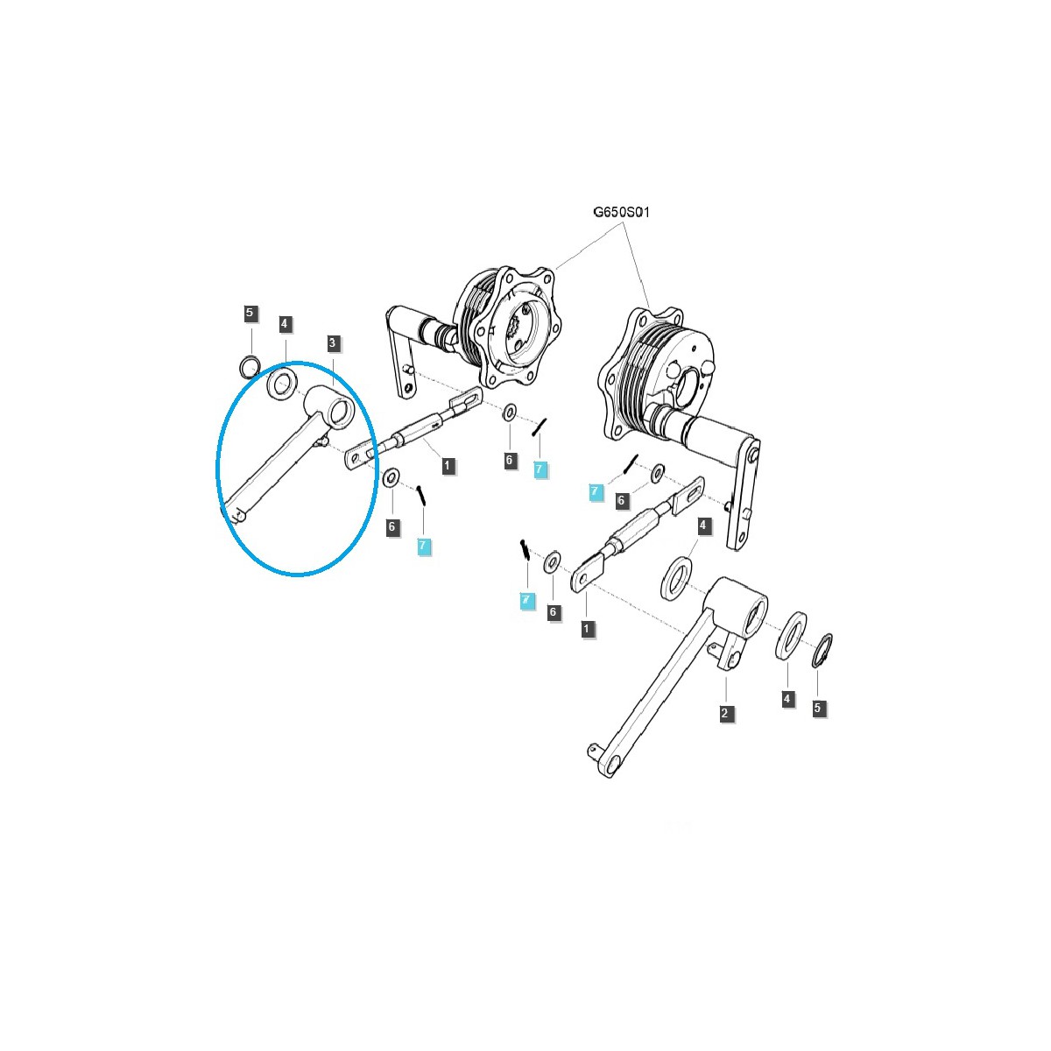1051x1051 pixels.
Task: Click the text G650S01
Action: point(621,212)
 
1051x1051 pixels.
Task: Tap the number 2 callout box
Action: point(724,713)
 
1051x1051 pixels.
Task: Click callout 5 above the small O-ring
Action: point(250,313)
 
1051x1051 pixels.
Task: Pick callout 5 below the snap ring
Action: point(819,708)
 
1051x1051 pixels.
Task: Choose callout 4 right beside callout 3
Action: point(284,324)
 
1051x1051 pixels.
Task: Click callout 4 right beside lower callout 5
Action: point(787,698)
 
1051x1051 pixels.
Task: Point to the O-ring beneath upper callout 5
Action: point(251,364)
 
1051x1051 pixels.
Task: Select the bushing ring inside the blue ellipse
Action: point(282,384)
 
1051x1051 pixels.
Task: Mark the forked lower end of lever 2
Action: point(603,756)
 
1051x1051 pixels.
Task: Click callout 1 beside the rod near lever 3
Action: point(448,465)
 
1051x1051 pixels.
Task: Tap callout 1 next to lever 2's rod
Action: point(587,628)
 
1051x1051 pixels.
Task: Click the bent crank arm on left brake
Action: point(401,350)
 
